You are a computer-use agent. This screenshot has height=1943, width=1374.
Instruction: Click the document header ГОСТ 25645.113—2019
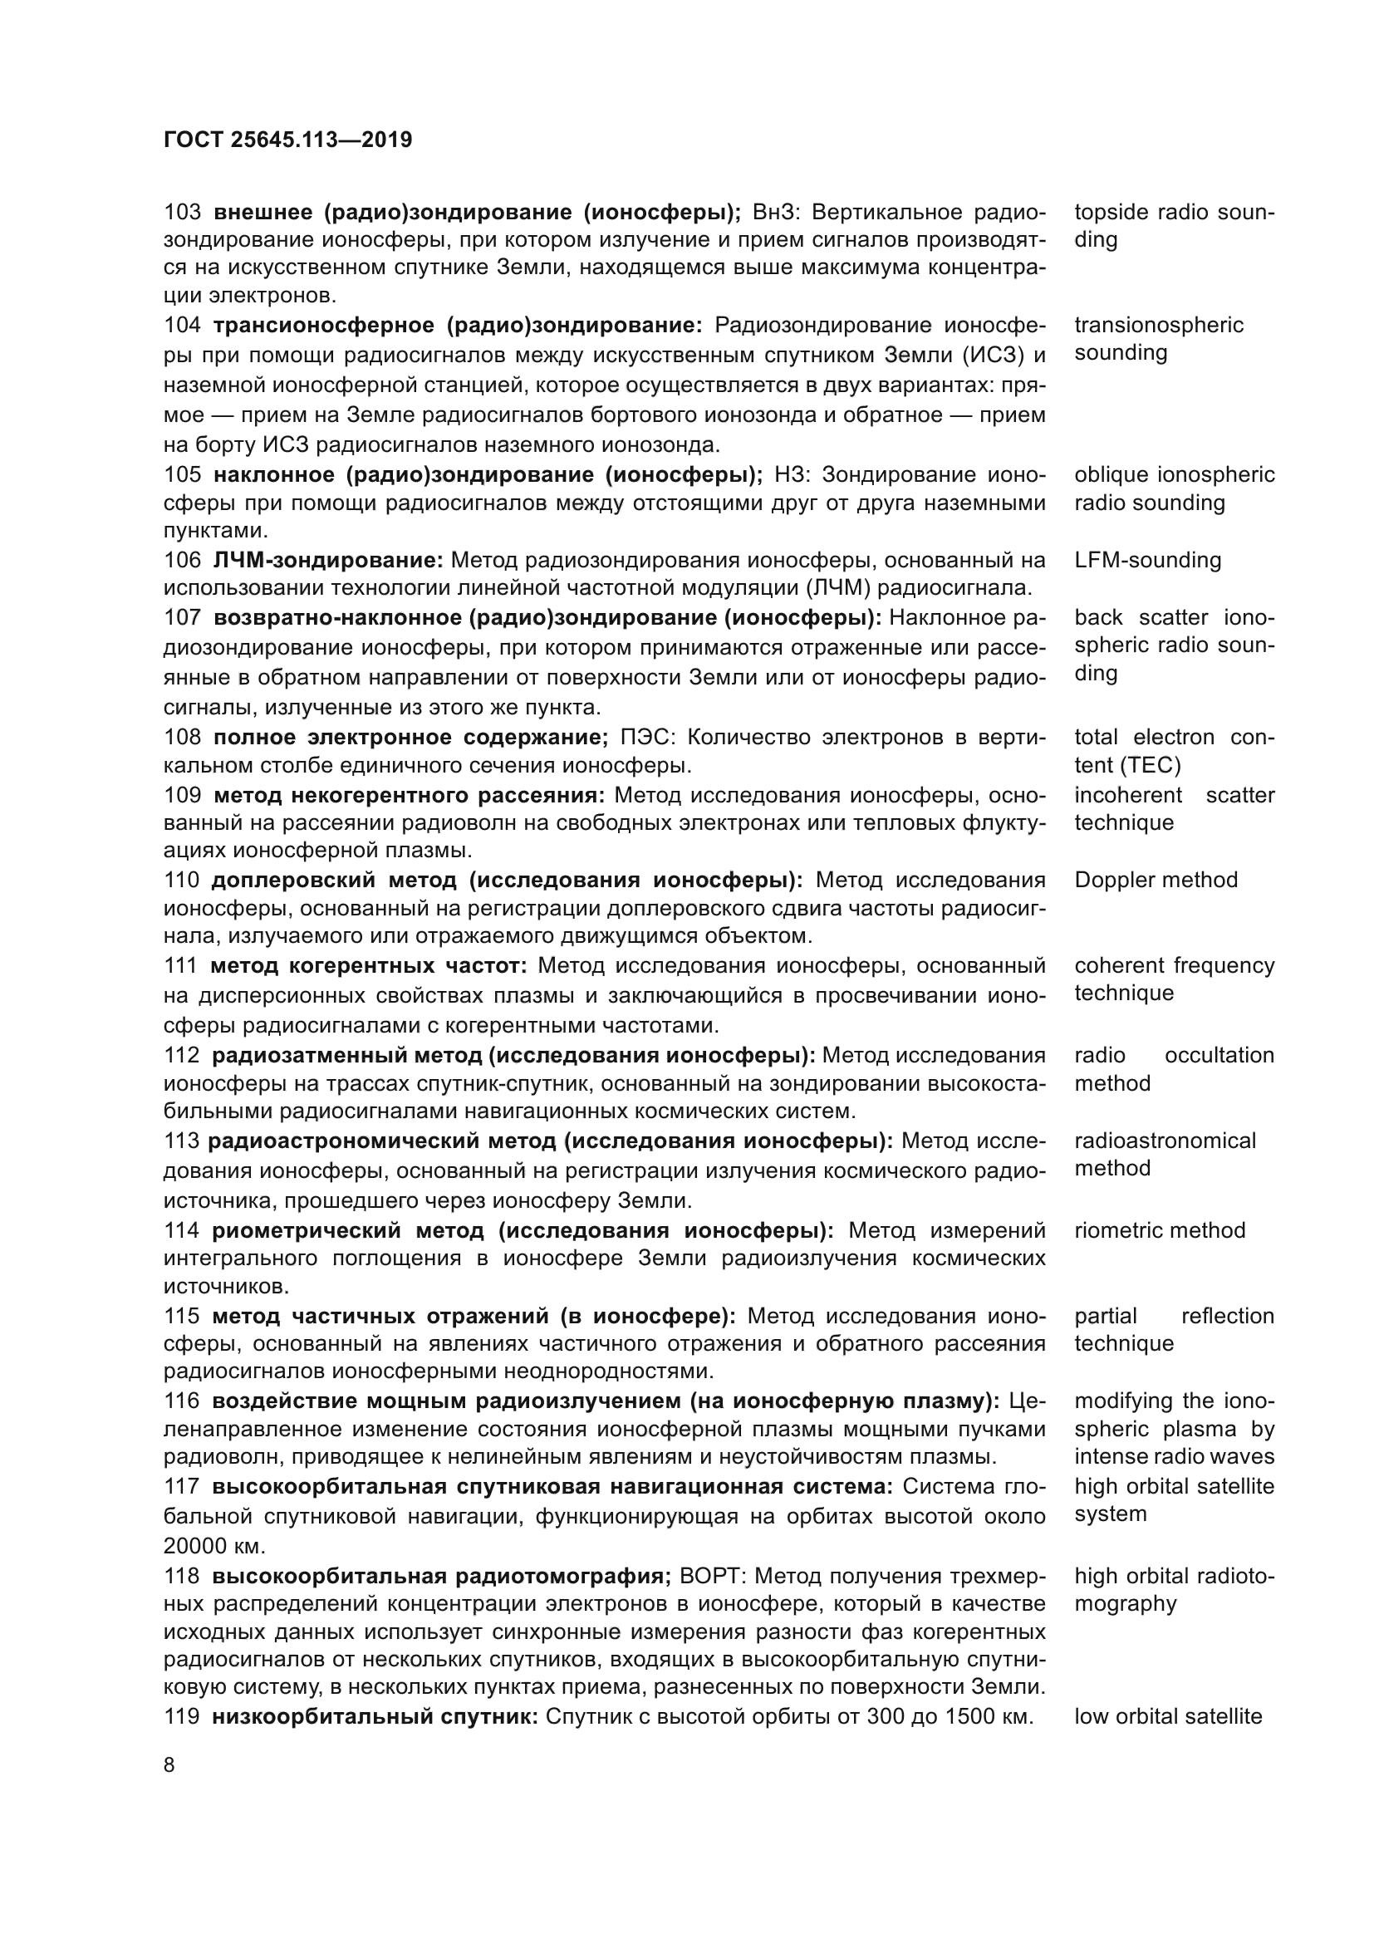(287, 140)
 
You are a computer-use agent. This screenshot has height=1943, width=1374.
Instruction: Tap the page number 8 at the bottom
(169, 1765)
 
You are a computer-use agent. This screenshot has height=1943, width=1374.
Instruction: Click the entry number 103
(183, 212)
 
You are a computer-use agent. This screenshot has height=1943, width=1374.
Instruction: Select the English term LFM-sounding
(1147, 560)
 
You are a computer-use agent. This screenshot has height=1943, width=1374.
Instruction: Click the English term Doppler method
(1156, 880)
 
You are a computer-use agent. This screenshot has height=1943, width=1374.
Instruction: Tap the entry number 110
(182, 880)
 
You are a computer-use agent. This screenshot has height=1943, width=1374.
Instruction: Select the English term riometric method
(1160, 1230)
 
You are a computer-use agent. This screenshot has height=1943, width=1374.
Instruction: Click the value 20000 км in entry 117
(214, 1546)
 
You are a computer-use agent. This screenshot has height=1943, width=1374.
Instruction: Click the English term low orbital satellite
(1167, 1716)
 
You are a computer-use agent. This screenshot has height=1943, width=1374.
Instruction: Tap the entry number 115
(182, 1316)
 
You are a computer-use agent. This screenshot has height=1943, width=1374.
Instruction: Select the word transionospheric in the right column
(1159, 325)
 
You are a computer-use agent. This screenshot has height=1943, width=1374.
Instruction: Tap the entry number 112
(182, 1055)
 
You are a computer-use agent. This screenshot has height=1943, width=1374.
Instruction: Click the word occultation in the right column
(1219, 1055)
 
